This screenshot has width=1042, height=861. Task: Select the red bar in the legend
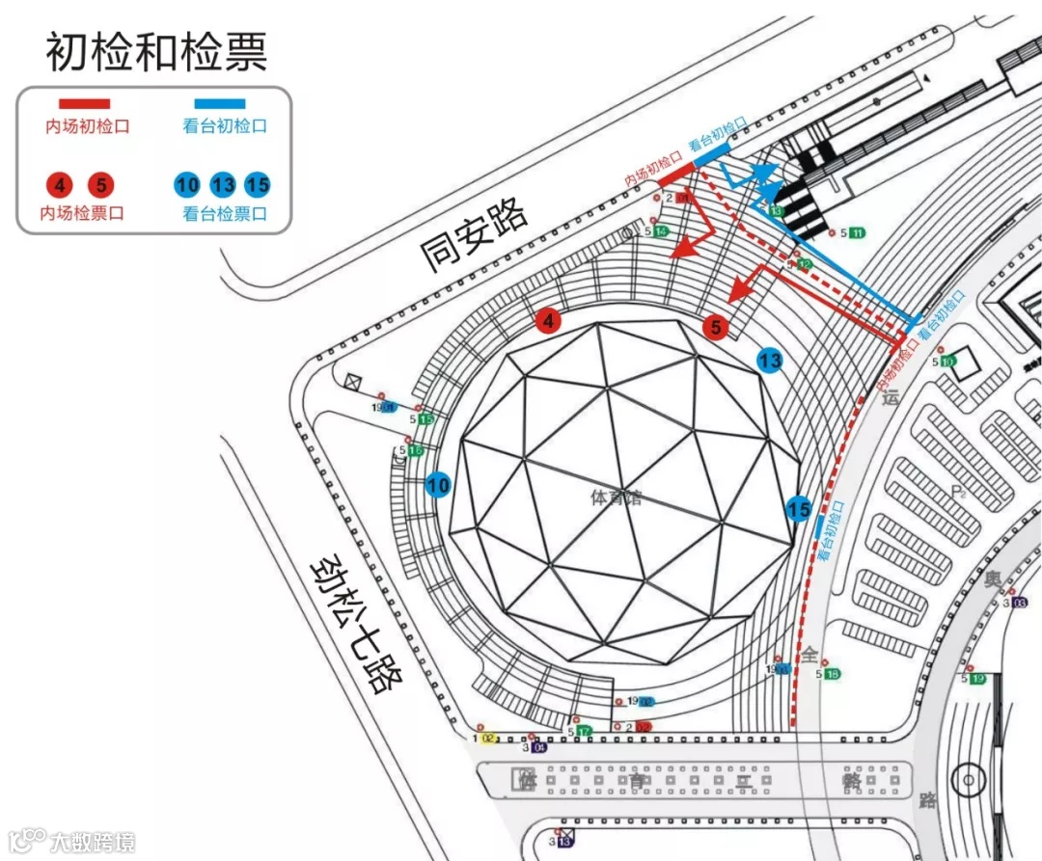click(85, 103)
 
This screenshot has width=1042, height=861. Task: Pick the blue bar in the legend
click(219, 103)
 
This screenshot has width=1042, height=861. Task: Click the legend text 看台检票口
click(224, 213)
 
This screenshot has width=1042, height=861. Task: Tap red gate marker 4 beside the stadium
click(549, 321)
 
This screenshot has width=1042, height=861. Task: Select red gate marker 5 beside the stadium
click(715, 328)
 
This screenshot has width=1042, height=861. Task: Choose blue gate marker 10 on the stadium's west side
click(439, 485)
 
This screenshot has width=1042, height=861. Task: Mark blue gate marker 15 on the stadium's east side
click(799, 508)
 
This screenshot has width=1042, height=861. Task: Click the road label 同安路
click(474, 234)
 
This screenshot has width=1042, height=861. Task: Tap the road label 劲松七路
click(354, 624)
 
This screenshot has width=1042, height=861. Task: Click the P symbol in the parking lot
click(957, 493)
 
